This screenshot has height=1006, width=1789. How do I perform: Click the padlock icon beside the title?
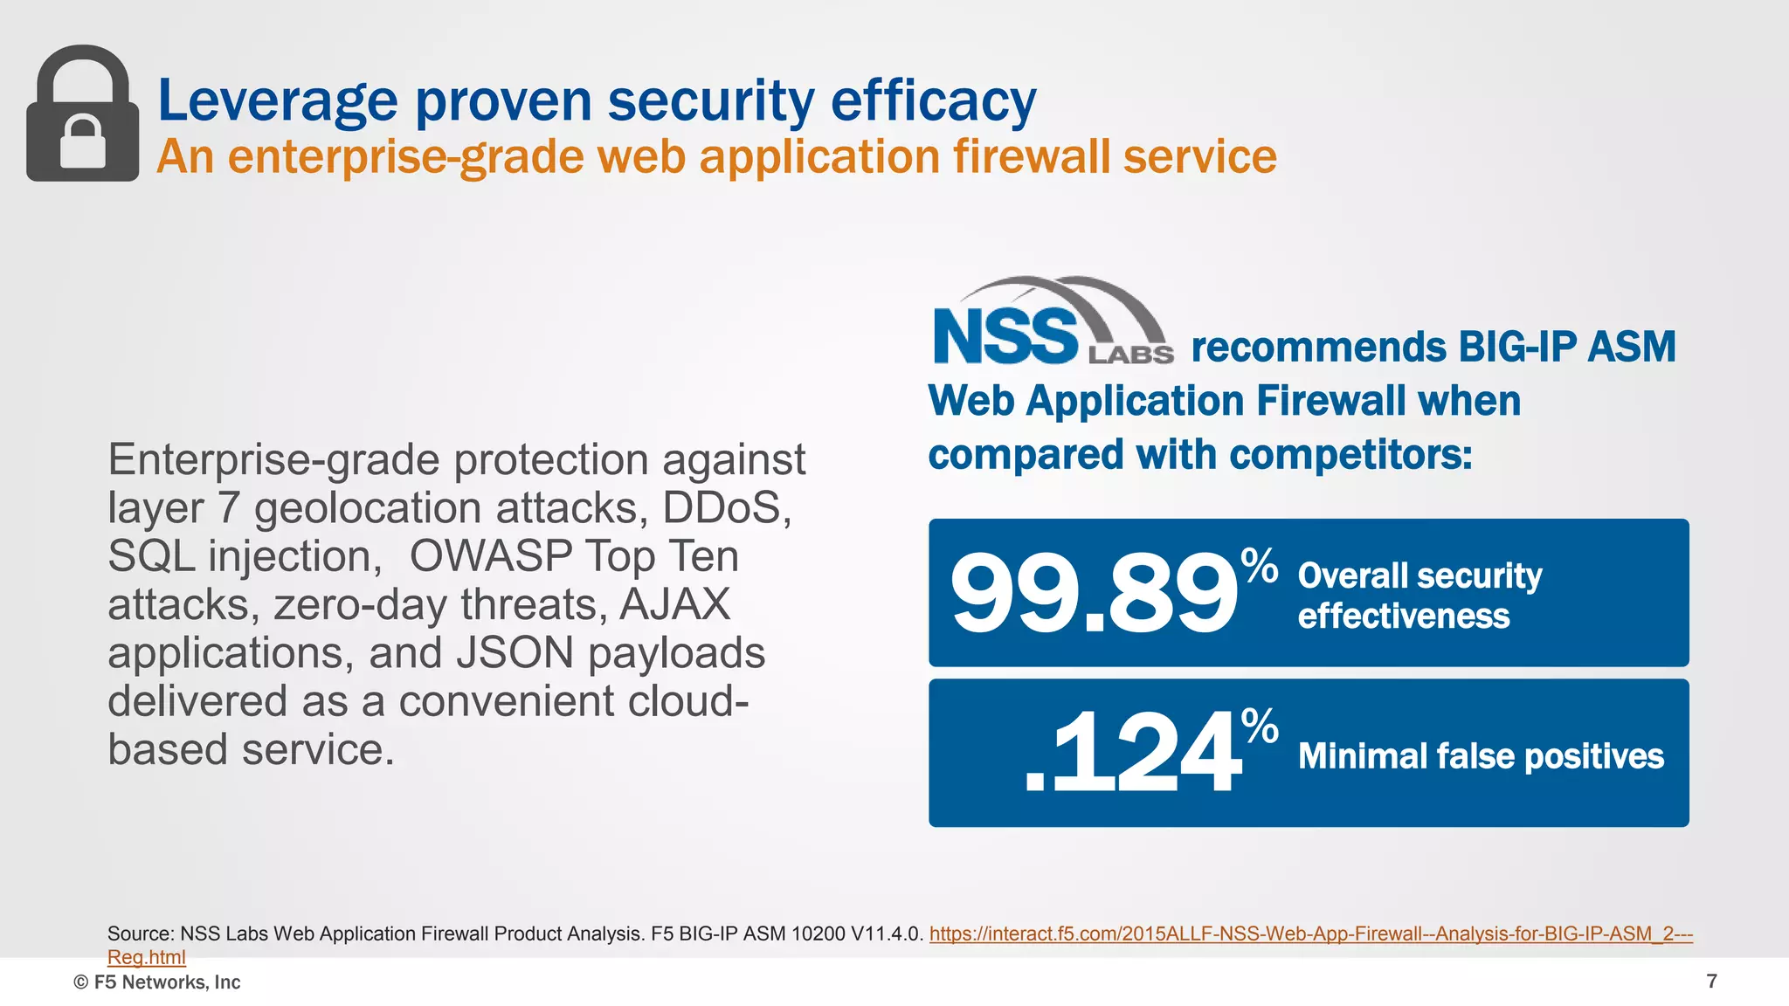(82, 114)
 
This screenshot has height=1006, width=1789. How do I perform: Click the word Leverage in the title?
(277, 101)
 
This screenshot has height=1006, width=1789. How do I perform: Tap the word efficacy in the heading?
(933, 101)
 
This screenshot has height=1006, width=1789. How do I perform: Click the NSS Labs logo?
(1052, 323)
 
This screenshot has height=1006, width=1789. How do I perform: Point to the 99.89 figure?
(1093, 595)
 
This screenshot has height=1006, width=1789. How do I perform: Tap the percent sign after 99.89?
(1260, 565)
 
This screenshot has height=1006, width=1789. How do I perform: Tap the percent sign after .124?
(1260, 726)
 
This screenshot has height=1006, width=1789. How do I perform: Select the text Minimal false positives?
(1481, 756)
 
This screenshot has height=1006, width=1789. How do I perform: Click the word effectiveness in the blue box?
(1403, 617)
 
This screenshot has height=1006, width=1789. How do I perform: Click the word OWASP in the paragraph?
(490, 556)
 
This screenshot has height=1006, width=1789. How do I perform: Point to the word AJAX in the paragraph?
(674, 604)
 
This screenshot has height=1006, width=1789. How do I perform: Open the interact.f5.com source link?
(1310, 934)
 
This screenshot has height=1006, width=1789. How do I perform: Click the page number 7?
(1711, 982)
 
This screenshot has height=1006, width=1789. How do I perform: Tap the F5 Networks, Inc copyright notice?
(157, 982)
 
